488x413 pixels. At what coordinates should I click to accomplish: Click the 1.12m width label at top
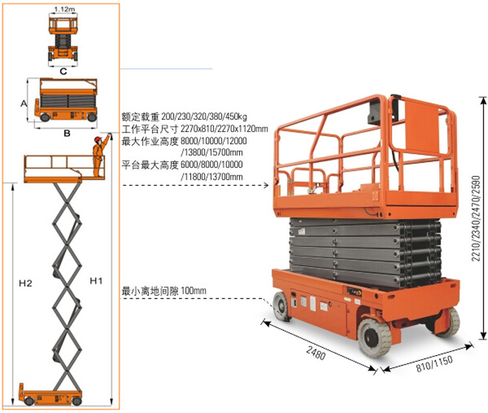pyautogui.click(x=64, y=9)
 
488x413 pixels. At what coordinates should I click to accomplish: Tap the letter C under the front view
pyautogui.click(x=63, y=72)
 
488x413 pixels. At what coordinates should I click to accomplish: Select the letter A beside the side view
pyautogui.click(x=23, y=103)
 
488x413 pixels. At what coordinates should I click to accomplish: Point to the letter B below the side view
pyautogui.click(x=67, y=134)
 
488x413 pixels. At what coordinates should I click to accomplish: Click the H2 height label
pyautogui.click(x=25, y=283)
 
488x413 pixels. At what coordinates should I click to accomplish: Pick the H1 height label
pyautogui.click(x=96, y=281)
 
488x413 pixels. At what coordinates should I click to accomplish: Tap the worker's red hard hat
pyautogui.click(x=98, y=139)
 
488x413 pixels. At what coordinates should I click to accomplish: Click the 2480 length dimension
pyautogui.click(x=316, y=353)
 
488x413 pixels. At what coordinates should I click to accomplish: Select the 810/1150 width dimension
pyautogui.click(x=434, y=363)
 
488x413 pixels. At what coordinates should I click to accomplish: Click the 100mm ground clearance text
pyautogui.click(x=194, y=291)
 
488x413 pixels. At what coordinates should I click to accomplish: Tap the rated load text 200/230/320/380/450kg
pyautogui.click(x=204, y=117)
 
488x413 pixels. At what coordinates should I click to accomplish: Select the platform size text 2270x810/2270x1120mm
pyautogui.click(x=224, y=129)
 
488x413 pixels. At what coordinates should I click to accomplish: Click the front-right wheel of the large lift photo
pyautogui.click(x=374, y=338)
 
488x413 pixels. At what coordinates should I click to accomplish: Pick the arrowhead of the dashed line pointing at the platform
pyautogui.click(x=266, y=186)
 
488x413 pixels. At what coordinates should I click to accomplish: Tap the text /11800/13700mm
pyautogui.click(x=211, y=177)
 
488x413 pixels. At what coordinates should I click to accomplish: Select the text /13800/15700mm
pyautogui.click(x=211, y=152)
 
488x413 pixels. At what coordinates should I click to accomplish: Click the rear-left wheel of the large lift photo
pyautogui.click(x=282, y=307)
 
